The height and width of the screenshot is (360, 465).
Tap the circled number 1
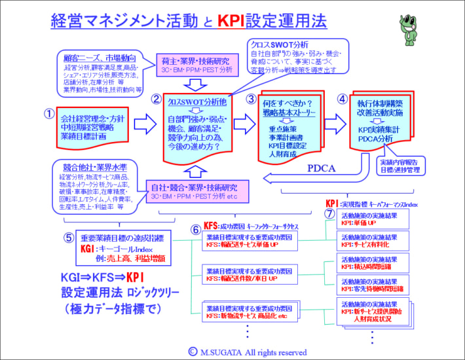pyautogui.click(x=48, y=113)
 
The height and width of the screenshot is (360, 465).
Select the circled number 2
pyautogui.click(x=156, y=99)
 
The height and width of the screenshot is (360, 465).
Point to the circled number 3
pyautogui.click(x=251, y=99)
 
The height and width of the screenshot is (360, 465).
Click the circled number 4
pyautogui.click(x=342, y=99)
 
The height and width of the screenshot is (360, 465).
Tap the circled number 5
pyautogui.click(x=69, y=238)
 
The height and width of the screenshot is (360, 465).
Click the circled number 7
pyautogui.click(x=330, y=213)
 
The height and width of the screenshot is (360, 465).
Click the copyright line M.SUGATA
pyautogui.click(x=247, y=351)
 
